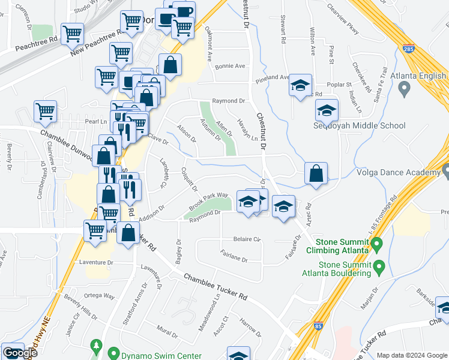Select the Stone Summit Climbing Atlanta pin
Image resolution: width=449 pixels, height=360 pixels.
[x=376, y=245]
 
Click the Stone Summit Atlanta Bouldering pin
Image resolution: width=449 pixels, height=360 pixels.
[x=379, y=265]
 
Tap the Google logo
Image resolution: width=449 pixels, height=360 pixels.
[x=20, y=353]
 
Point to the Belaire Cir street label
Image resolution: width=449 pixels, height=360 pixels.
[x=247, y=239]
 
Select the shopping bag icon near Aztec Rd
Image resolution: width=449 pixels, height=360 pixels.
[x=316, y=173]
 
